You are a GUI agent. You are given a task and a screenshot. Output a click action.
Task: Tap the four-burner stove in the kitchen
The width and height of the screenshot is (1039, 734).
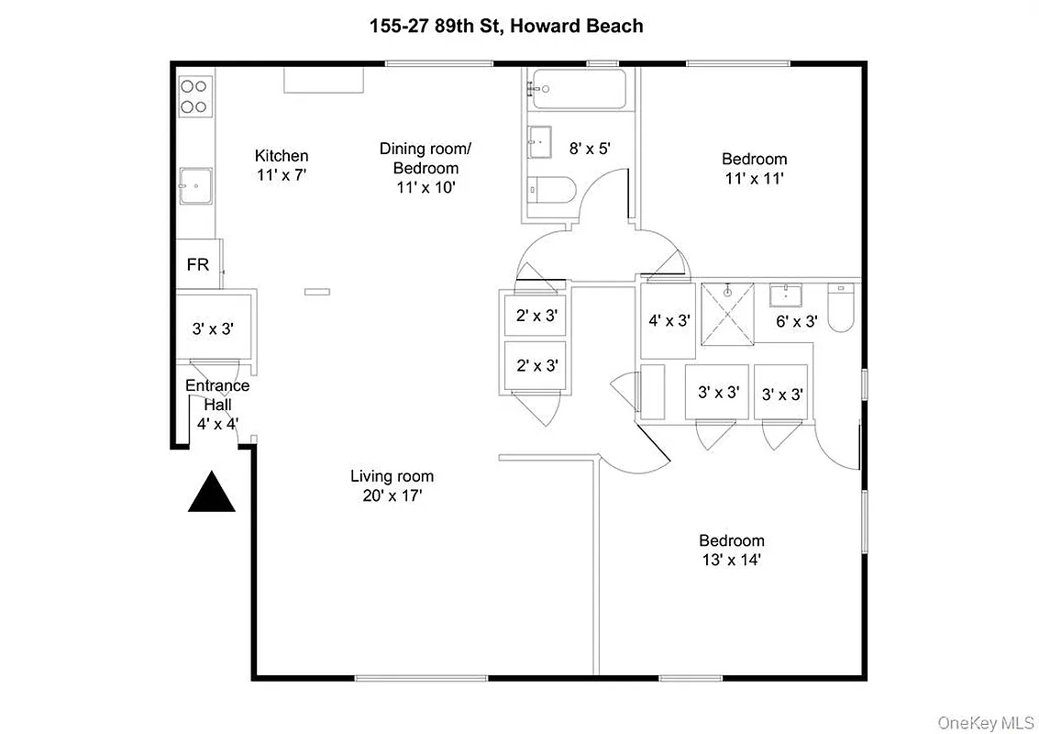(193, 96)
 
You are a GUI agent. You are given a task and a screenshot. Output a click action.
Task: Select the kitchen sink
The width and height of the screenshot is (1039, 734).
(194, 185)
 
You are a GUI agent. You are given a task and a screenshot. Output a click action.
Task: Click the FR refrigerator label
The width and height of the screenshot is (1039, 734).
(198, 265)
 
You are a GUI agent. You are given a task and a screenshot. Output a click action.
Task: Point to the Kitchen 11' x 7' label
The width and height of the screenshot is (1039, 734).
(282, 164)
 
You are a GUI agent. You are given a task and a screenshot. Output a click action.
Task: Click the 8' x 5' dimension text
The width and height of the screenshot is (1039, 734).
(590, 148)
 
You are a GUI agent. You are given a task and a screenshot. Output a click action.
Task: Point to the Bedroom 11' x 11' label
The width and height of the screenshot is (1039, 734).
(754, 169)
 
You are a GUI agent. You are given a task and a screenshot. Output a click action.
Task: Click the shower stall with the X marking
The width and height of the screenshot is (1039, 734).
(727, 315)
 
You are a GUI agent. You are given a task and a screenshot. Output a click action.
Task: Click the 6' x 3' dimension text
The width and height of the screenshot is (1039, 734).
(796, 321)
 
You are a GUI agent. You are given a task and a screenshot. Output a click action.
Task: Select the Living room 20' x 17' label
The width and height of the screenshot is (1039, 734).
(392, 485)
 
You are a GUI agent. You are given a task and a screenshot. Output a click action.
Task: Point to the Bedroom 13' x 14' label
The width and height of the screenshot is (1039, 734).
(731, 550)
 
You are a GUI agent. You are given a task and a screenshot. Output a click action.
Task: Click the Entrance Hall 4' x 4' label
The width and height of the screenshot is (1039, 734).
(217, 405)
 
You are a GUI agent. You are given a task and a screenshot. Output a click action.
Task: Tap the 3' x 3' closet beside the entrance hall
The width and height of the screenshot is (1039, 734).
(214, 328)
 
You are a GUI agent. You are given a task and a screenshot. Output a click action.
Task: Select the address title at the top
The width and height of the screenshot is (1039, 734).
(505, 26)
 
